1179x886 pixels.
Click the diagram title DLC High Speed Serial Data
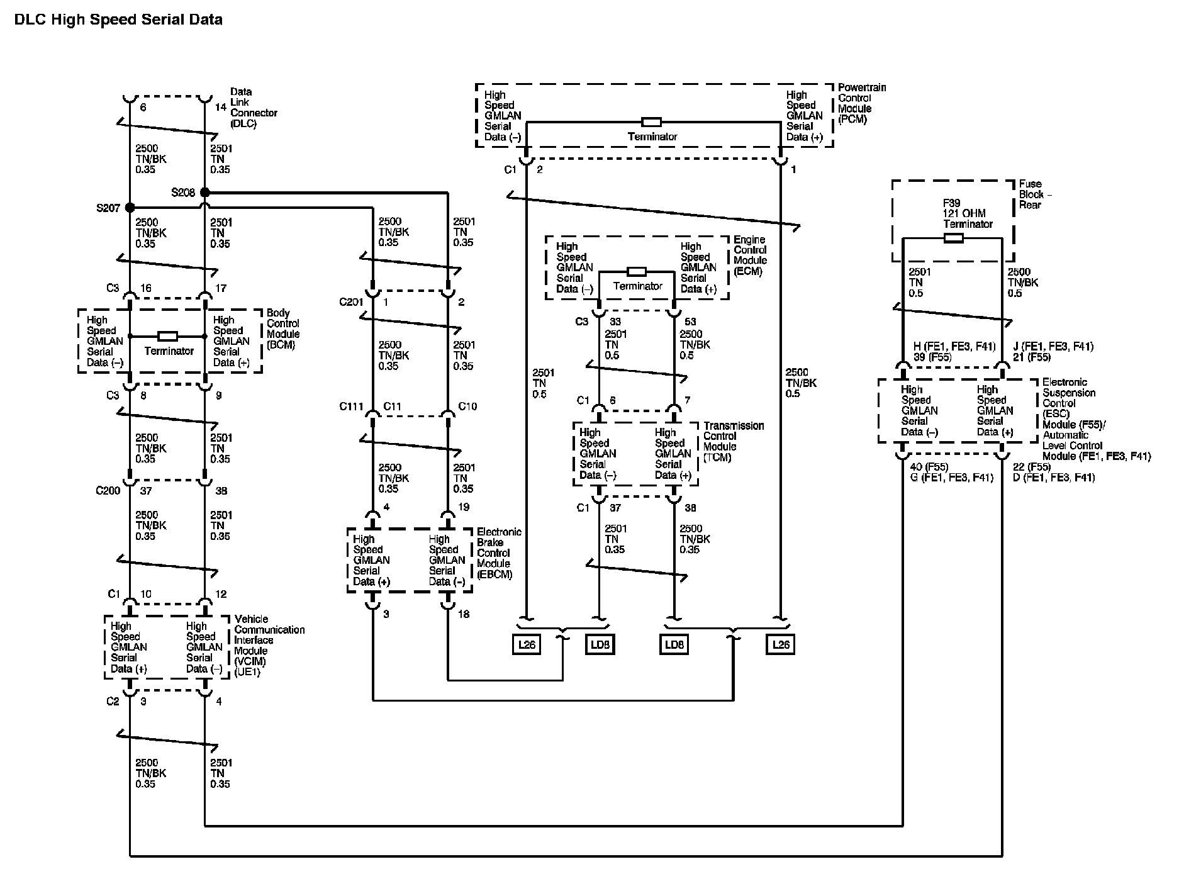(x=118, y=20)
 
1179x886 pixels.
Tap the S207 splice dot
(x=130, y=207)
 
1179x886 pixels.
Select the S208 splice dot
(x=204, y=192)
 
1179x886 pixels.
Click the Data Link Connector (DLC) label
(x=254, y=108)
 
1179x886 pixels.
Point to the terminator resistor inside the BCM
(x=167, y=336)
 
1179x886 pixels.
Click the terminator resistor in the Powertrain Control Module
(x=651, y=121)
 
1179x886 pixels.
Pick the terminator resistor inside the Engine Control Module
(x=637, y=272)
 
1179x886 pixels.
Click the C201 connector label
(x=351, y=302)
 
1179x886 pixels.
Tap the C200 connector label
(x=108, y=491)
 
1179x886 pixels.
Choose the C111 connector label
(x=351, y=407)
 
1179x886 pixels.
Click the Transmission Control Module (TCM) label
(x=734, y=442)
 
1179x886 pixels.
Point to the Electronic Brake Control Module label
(x=499, y=553)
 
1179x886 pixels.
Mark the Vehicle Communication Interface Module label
(x=269, y=646)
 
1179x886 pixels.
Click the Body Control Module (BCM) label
(x=283, y=328)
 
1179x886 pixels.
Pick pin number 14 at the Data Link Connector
(x=220, y=108)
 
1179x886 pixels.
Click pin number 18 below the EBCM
(x=463, y=614)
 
